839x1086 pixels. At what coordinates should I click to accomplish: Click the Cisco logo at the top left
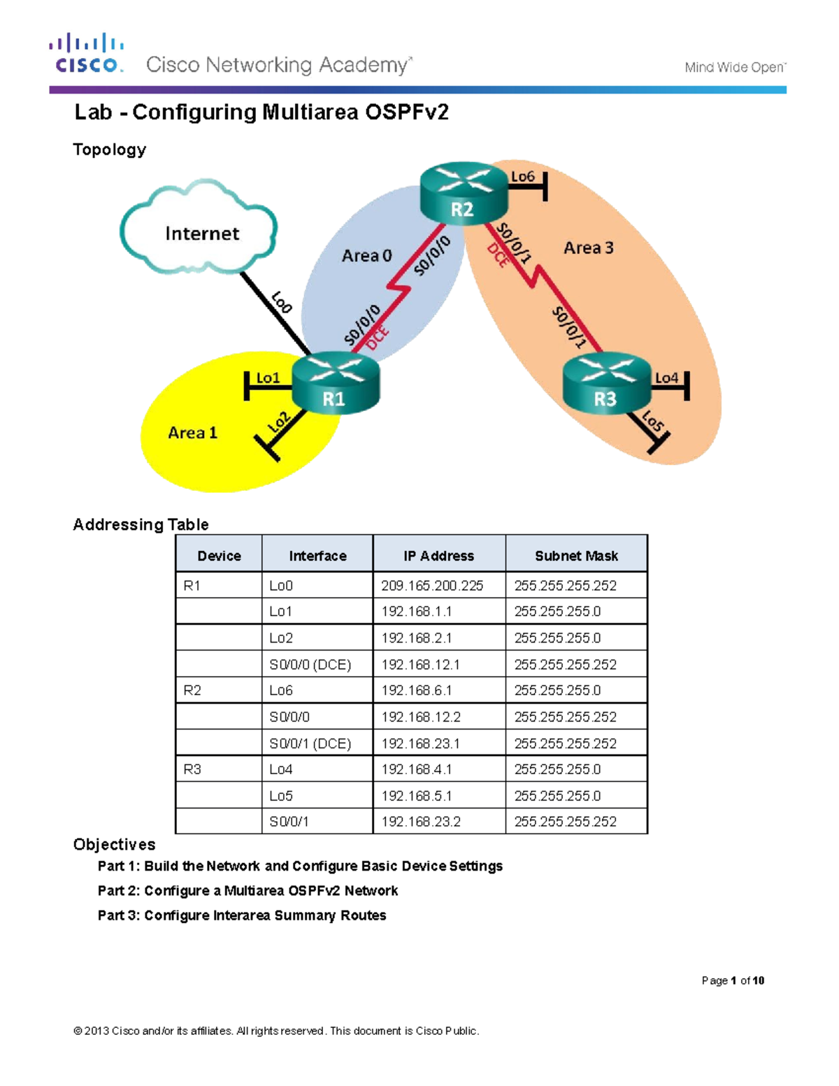click(x=87, y=53)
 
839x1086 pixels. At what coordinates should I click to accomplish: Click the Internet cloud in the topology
click(x=200, y=231)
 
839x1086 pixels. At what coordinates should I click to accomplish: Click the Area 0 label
click(x=366, y=256)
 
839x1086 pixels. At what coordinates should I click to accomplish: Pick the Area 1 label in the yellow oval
click(x=192, y=433)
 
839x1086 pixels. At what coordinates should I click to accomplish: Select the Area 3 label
click(x=588, y=248)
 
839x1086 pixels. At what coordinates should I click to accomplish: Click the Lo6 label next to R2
click(x=522, y=176)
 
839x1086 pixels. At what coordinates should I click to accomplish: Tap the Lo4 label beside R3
click(x=666, y=378)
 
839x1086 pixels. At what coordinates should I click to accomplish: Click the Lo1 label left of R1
click(x=268, y=378)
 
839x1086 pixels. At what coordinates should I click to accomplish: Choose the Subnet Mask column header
click(x=576, y=556)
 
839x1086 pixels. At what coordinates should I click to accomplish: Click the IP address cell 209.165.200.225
click(x=431, y=585)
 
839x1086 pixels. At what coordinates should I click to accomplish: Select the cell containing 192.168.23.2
click(x=420, y=822)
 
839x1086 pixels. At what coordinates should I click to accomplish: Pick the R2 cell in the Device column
click(x=192, y=690)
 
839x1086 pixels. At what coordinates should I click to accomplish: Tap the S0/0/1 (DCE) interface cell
click(x=310, y=743)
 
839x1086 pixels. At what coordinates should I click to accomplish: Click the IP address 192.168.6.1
click(x=416, y=690)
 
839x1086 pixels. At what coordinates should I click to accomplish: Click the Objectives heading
click(x=114, y=845)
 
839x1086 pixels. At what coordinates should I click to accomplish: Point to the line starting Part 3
click(x=241, y=915)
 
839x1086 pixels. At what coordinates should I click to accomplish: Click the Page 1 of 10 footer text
click(x=732, y=980)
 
